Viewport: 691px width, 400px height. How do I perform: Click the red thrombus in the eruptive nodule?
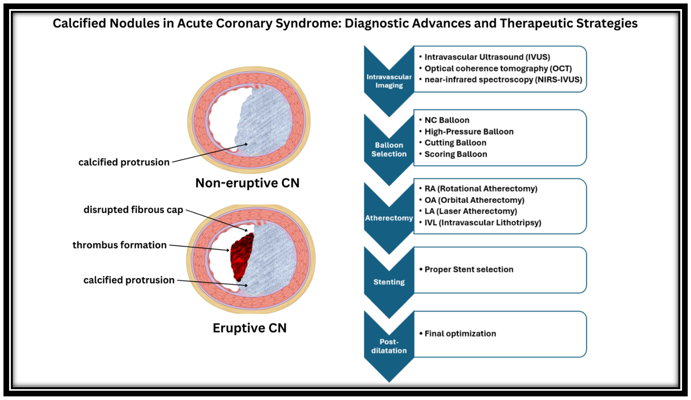241,256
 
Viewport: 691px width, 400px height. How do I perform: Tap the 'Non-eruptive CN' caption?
247,183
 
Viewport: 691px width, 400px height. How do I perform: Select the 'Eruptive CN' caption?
249,328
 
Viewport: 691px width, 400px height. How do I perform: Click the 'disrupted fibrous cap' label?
133,210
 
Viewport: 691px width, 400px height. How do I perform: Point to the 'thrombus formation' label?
120,245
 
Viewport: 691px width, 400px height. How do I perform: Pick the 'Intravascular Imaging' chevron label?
389,81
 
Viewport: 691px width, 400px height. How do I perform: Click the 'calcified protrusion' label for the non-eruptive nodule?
124,162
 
